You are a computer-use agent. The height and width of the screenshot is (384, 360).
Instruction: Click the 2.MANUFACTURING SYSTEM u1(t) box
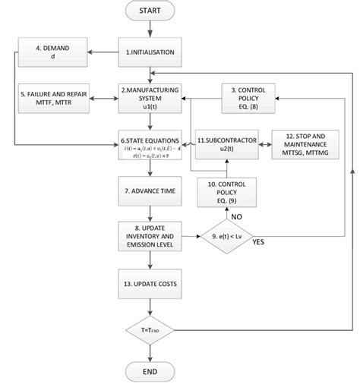point(153,99)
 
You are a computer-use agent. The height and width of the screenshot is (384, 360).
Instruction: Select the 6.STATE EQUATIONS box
point(153,145)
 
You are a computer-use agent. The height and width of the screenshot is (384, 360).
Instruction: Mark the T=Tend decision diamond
point(153,331)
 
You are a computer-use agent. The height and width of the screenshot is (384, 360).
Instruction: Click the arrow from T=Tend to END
point(153,350)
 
